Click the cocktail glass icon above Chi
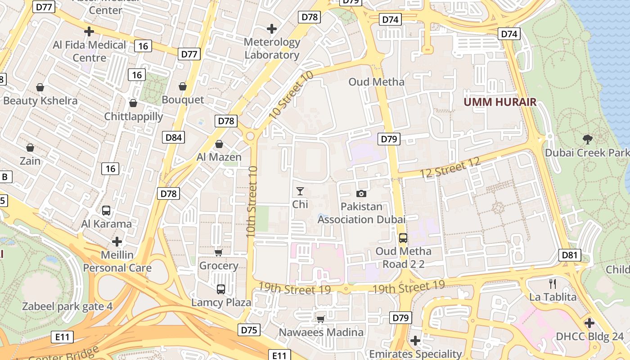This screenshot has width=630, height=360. coord(300,191)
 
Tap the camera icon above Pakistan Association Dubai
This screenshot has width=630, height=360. coord(361,193)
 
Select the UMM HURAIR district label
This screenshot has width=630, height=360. coord(500,102)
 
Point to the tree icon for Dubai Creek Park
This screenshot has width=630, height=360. coord(587,139)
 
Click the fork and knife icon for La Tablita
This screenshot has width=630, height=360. coord(553,283)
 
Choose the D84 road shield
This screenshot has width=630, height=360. coord(173,137)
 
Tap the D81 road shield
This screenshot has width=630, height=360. coord(570,256)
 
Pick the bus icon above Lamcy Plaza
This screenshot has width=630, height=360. coord(220,289)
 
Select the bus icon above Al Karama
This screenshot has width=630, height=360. coord(106,210)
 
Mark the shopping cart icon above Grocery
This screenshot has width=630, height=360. coord(218,252)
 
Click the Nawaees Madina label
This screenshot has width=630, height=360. coord(321,333)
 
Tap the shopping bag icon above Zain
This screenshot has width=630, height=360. coord(30,148)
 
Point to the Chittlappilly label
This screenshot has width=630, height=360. coord(134,117)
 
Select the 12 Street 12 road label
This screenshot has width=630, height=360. coord(450,168)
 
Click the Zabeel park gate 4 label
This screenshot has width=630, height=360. coord(67,307)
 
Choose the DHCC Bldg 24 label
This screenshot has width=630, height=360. coord(590,337)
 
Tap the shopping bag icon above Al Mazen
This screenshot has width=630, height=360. coord(219,144)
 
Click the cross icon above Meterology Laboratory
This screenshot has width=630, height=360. coord(272,29)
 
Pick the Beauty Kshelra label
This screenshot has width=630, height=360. coord(40,100)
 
